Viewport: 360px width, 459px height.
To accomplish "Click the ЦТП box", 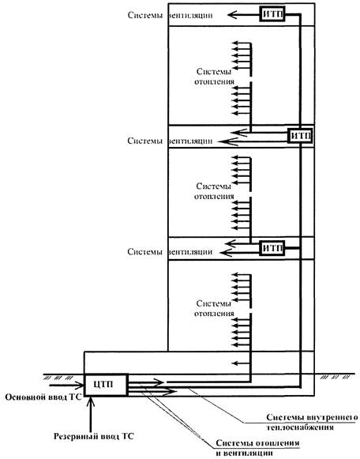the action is [x=106, y=385].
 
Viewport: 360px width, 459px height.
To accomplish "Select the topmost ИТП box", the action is [x=272, y=13].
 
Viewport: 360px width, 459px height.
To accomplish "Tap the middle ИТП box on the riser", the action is [x=300, y=136].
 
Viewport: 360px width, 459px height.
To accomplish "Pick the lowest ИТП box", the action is [x=272, y=248].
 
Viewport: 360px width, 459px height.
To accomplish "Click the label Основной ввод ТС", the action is [x=43, y=397].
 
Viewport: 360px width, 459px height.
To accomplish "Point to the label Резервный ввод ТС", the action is [x=94, y=436].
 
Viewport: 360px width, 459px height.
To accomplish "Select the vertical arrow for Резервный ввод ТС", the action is [x=91, y=412].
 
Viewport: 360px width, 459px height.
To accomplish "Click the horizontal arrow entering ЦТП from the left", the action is [x=66, y=385].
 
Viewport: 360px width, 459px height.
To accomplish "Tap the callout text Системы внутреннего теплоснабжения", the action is [x=312, y=422].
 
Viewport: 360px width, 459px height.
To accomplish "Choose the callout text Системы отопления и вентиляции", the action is [x=257, y=448].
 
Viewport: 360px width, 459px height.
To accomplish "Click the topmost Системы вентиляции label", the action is [x=170, y=15].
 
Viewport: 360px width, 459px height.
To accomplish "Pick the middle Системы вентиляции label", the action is [x=170, y=141].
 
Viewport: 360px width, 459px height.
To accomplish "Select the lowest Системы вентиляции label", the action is [x=170, y=251].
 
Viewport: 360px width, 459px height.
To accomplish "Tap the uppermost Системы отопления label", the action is [x=214, y=77].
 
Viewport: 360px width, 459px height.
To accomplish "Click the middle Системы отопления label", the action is [x=214, y=191].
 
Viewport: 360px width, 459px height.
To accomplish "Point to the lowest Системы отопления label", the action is [x=214, y=308].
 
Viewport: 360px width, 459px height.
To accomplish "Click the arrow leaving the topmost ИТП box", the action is [x=244, y=14].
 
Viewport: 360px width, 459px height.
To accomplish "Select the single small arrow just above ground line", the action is [x=241, y=363].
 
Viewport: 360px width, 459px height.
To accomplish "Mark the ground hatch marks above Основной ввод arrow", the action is [x=58, y=378].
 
